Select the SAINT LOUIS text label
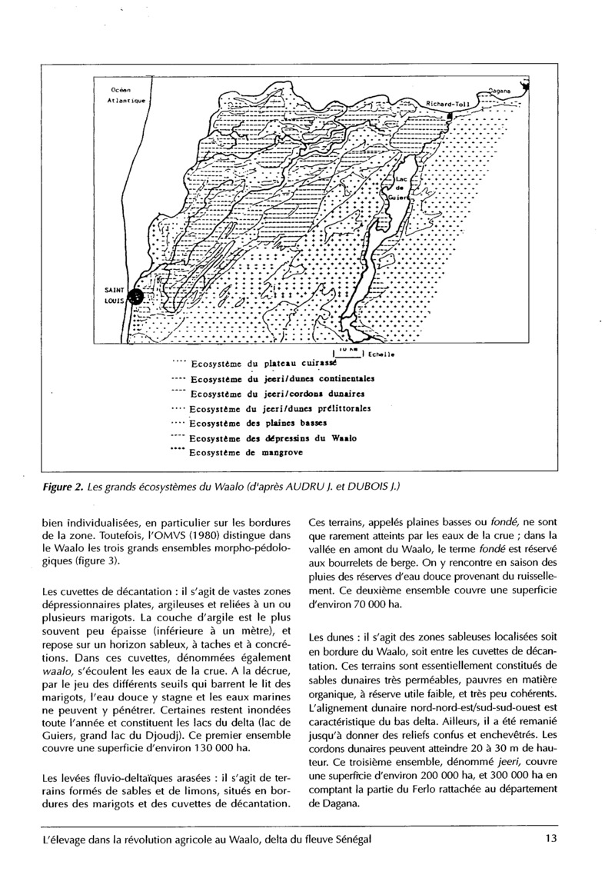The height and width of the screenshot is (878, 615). [115, 296]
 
